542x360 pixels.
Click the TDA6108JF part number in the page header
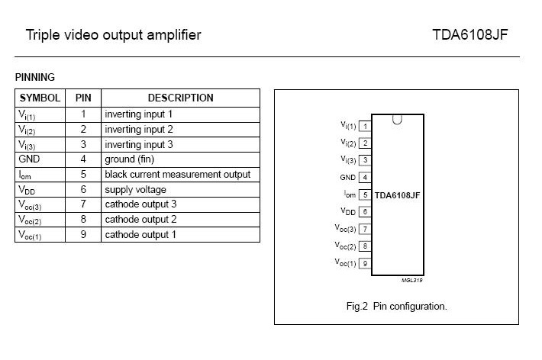coord(469,34)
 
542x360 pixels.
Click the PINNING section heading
coord(35,77)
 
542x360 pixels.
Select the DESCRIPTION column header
coord(180,98)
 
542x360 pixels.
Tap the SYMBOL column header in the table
coord(40,98)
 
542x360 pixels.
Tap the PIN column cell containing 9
coord(83,234)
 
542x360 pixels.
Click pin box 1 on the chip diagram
coord(365,126)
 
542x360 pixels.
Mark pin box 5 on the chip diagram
coord(365,194)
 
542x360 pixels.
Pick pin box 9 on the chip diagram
coord(365,263)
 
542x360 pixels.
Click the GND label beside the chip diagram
coord(348,178)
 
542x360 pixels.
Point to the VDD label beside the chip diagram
coord(348,211)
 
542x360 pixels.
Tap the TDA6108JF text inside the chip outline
coord(397,195)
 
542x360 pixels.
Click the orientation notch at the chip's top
coord(397,121)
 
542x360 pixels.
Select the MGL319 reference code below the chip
coord(411,280)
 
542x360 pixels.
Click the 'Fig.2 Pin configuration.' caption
coord(396,307)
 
